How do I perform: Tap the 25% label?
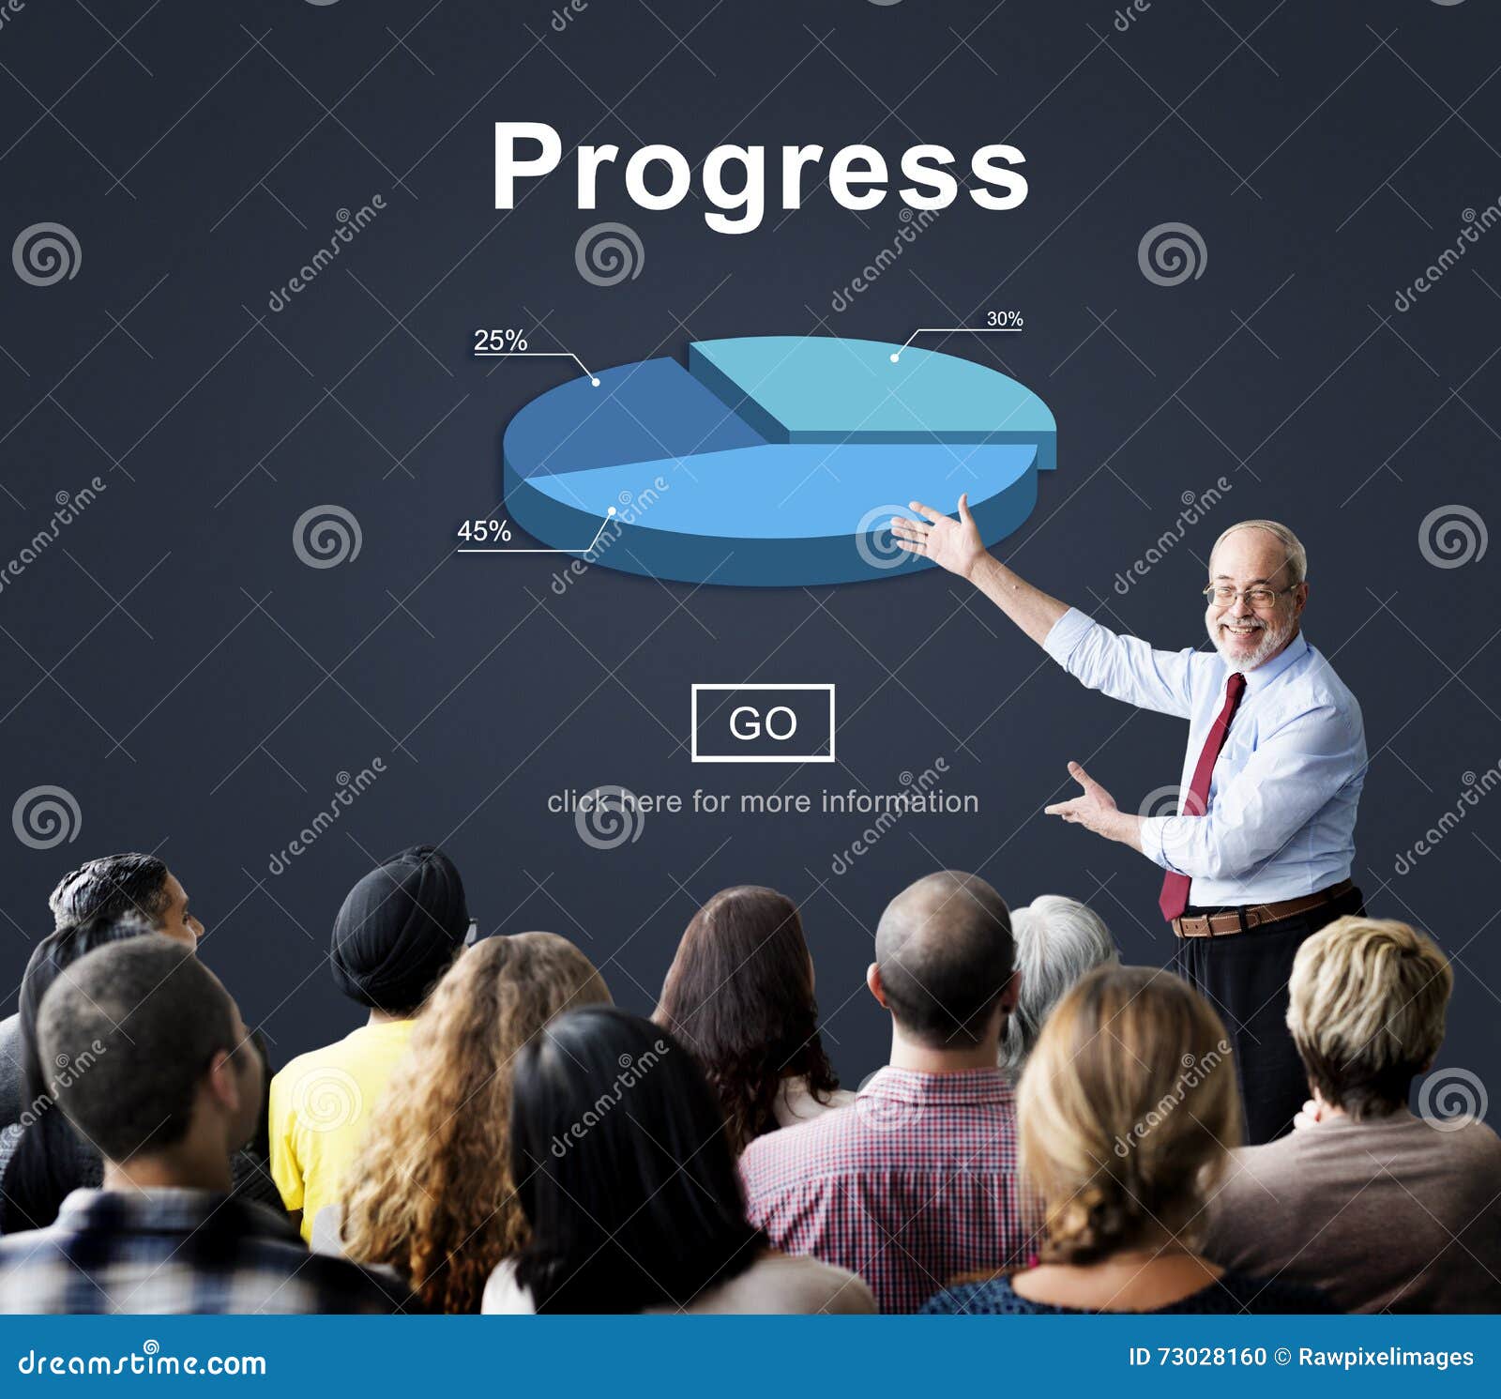click(x=500, y=340)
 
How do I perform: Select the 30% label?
click(x=1004, y=319)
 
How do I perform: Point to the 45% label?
click(x=484, y=531)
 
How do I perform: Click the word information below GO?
click(x=900, y=801)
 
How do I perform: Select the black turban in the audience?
click(x=399, y=924)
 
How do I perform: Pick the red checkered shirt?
click(x=891, y=1182)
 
